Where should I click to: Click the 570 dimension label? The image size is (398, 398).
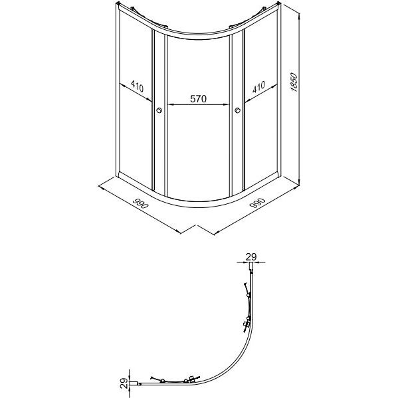pyautogui.click(x=199, y=98)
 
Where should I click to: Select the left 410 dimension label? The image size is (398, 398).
pyautogui.click(x=138, y=86)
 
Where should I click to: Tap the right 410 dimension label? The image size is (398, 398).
pyautogui.click(x=258, y=87)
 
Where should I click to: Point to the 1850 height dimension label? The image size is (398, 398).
pyautogui.click(x=294, y=82)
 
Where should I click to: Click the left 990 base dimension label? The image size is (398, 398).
pyautogui.click(x=140, y=202)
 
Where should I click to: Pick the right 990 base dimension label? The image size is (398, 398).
pyautogui.click(x=257, y=202)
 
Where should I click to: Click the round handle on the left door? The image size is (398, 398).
pyautogui.click(x=159, y=110)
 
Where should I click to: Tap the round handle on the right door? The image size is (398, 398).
pyautogui.click(x=238, y=110)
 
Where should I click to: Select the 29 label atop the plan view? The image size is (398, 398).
pyautogui.click(x=251, y=257)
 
